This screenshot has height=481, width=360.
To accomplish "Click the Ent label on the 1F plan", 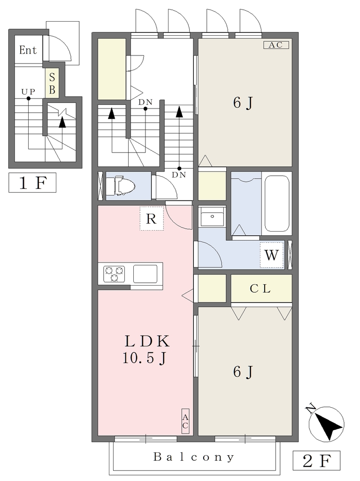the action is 28,50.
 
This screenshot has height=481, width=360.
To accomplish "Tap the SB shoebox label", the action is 52,83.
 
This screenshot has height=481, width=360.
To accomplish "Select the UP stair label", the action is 28,92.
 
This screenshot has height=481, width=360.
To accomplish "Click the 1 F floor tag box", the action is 32,183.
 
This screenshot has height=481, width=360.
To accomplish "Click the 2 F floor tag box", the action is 316,461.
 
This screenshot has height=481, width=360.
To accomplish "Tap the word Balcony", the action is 194,457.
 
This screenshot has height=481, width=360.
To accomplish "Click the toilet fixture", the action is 124,185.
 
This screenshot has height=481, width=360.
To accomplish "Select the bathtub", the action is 277,203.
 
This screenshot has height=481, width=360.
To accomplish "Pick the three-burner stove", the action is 115,274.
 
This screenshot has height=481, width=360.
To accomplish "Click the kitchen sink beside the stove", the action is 146,274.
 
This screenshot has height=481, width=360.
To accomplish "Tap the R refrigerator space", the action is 152,218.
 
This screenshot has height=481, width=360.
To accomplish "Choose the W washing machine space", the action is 272,255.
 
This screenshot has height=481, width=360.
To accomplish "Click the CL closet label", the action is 260,289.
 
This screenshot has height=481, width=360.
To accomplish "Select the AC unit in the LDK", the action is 185,421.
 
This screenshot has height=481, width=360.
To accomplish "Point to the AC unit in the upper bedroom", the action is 276,45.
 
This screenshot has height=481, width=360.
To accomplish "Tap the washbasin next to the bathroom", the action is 212,217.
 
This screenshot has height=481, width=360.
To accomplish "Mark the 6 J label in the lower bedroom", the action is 243,372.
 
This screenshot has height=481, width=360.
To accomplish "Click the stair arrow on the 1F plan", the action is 62,123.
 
